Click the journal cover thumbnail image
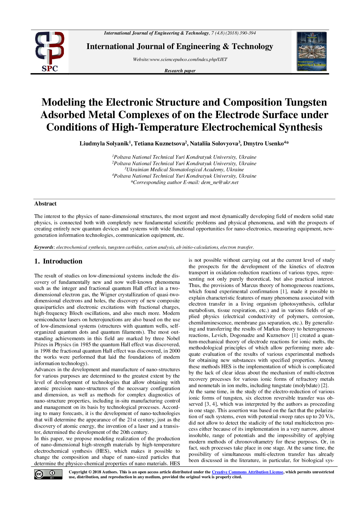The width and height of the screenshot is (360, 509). (x=312, y=51)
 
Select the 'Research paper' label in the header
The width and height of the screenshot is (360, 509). (x=180, y=71)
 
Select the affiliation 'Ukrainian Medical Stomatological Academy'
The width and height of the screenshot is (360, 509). (x=185, y=169)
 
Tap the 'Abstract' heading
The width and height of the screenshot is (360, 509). (x=45, y=203)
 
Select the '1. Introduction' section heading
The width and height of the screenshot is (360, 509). (x=58, y=261)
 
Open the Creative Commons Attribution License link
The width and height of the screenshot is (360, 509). (x=247, y=472)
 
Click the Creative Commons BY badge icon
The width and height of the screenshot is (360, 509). (x=48, y=474)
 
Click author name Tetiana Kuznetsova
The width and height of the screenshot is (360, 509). (x=159, y=144)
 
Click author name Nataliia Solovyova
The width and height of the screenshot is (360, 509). (x=214, y=144)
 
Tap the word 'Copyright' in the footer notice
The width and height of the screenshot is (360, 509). (x=78, y=472)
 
